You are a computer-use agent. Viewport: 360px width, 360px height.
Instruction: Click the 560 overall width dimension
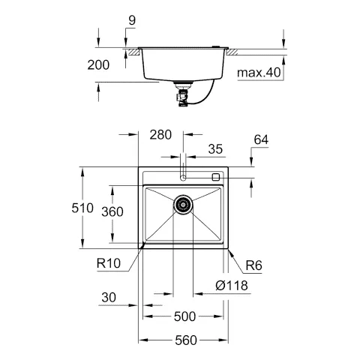point(184,340)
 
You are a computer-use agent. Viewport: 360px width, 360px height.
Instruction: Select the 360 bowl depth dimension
point(112,212)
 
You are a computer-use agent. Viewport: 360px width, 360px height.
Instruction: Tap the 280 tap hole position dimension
point(160,135)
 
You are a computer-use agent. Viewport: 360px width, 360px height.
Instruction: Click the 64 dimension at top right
point(260,139)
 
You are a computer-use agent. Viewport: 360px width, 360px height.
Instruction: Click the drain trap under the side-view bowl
point(181,91)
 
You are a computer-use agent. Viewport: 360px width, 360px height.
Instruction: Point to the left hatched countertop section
point(132,52)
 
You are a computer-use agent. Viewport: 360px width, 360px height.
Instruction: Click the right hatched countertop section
point(232,52)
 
